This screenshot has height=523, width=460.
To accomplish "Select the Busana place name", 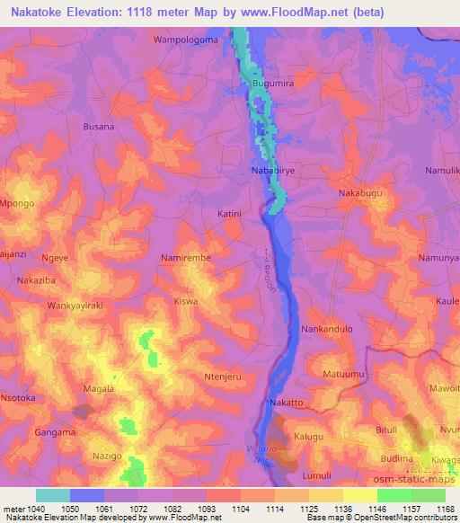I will (98, 127).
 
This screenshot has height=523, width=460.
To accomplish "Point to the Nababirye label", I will (272, 169).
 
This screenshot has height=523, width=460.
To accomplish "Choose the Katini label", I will (231, 215).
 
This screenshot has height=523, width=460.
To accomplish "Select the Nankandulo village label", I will (326, 329).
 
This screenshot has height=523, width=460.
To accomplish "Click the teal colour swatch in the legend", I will (53, 495).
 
